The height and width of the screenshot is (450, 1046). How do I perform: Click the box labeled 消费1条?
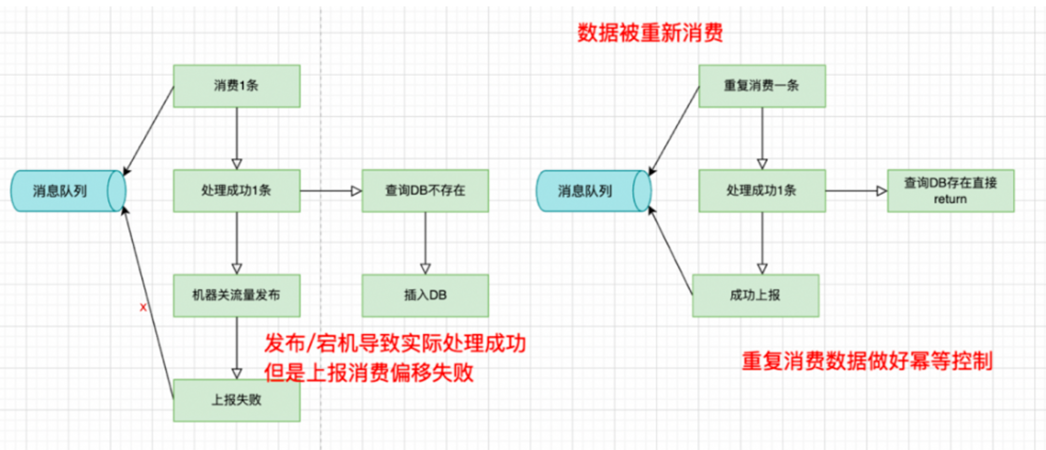point(236,86)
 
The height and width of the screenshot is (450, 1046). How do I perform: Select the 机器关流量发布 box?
point(236,295)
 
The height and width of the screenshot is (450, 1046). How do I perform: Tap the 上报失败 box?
point(236,400)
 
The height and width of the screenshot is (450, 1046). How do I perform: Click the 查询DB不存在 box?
point(425,190)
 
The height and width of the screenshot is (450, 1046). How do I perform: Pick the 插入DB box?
point(425,295)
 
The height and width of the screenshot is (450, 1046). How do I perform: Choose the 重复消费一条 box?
point(762,86)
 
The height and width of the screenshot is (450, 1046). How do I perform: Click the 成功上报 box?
point(756,295)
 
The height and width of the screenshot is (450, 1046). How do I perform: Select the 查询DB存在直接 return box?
point(951,190)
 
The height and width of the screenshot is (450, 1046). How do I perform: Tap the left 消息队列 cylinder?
point(69,191)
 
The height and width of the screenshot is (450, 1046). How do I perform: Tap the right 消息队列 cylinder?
point(594,191)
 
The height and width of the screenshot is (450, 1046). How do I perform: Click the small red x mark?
point(143,308)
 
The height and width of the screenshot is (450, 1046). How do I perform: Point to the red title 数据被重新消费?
point(650,32)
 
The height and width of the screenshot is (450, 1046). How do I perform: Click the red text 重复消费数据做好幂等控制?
point(867,361)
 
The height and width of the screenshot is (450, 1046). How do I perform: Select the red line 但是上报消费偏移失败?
point(369,373)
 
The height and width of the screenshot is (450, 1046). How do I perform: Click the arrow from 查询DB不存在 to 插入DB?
point(425,243)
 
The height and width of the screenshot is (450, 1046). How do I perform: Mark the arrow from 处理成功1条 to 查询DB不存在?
point(331,191)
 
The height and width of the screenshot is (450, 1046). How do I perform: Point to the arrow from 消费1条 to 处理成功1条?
point(236,139)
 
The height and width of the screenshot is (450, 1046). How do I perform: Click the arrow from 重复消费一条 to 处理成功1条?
point(762,139)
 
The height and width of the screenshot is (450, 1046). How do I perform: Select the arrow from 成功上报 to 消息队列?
point(670,251)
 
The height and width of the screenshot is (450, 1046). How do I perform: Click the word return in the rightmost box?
point(950,199)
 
